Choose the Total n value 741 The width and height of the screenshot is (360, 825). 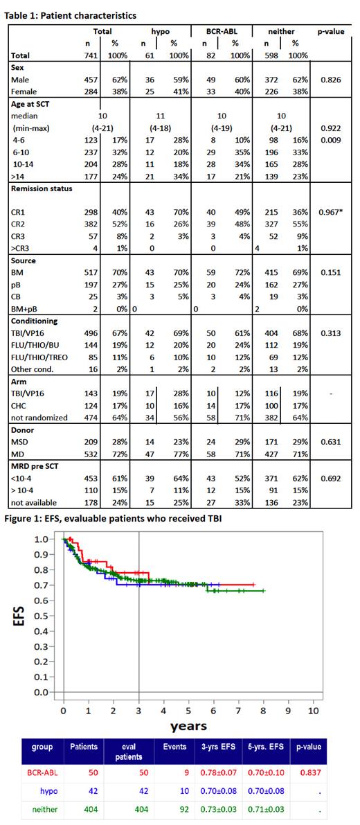92,55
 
